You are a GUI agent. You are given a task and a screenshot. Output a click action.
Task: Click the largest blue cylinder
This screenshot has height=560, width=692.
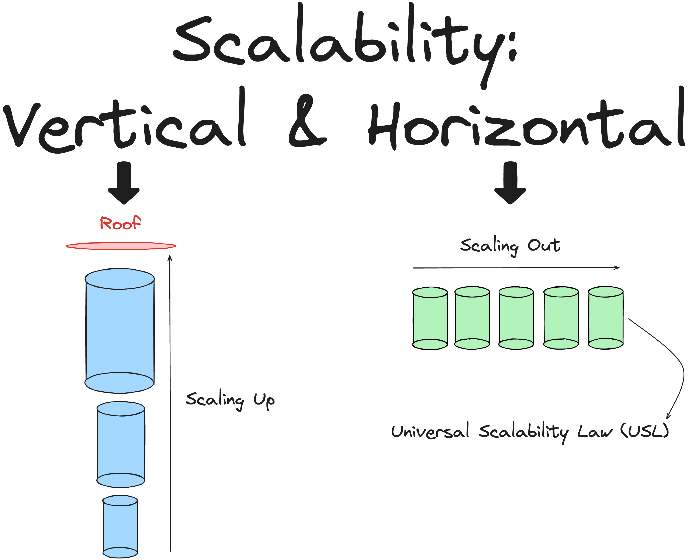(x=120, y=331)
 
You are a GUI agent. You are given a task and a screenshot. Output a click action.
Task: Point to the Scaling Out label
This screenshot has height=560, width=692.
(x=510, y=246)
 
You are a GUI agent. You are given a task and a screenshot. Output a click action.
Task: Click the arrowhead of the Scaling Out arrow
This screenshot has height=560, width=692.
(x=617, y=267)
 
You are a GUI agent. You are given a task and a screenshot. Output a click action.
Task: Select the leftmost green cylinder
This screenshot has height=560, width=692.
(x=430, y=318)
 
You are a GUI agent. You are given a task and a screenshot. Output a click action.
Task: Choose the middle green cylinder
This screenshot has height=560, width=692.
(x=516, y=318)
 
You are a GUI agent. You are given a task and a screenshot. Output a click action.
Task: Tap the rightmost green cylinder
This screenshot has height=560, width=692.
(x=605, y=318)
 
